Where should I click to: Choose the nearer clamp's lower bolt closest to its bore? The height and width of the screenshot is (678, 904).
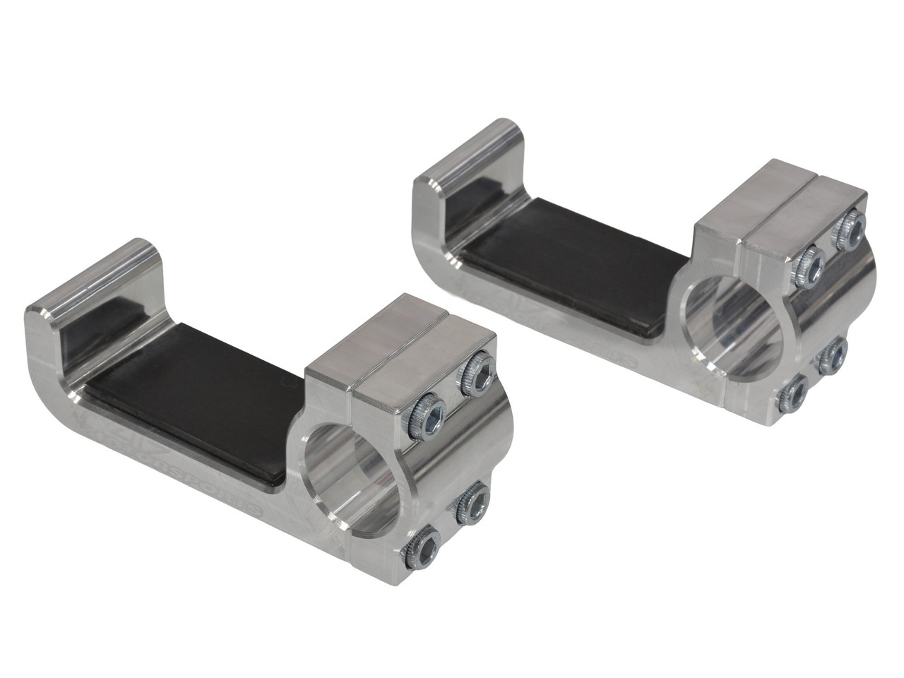471,503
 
